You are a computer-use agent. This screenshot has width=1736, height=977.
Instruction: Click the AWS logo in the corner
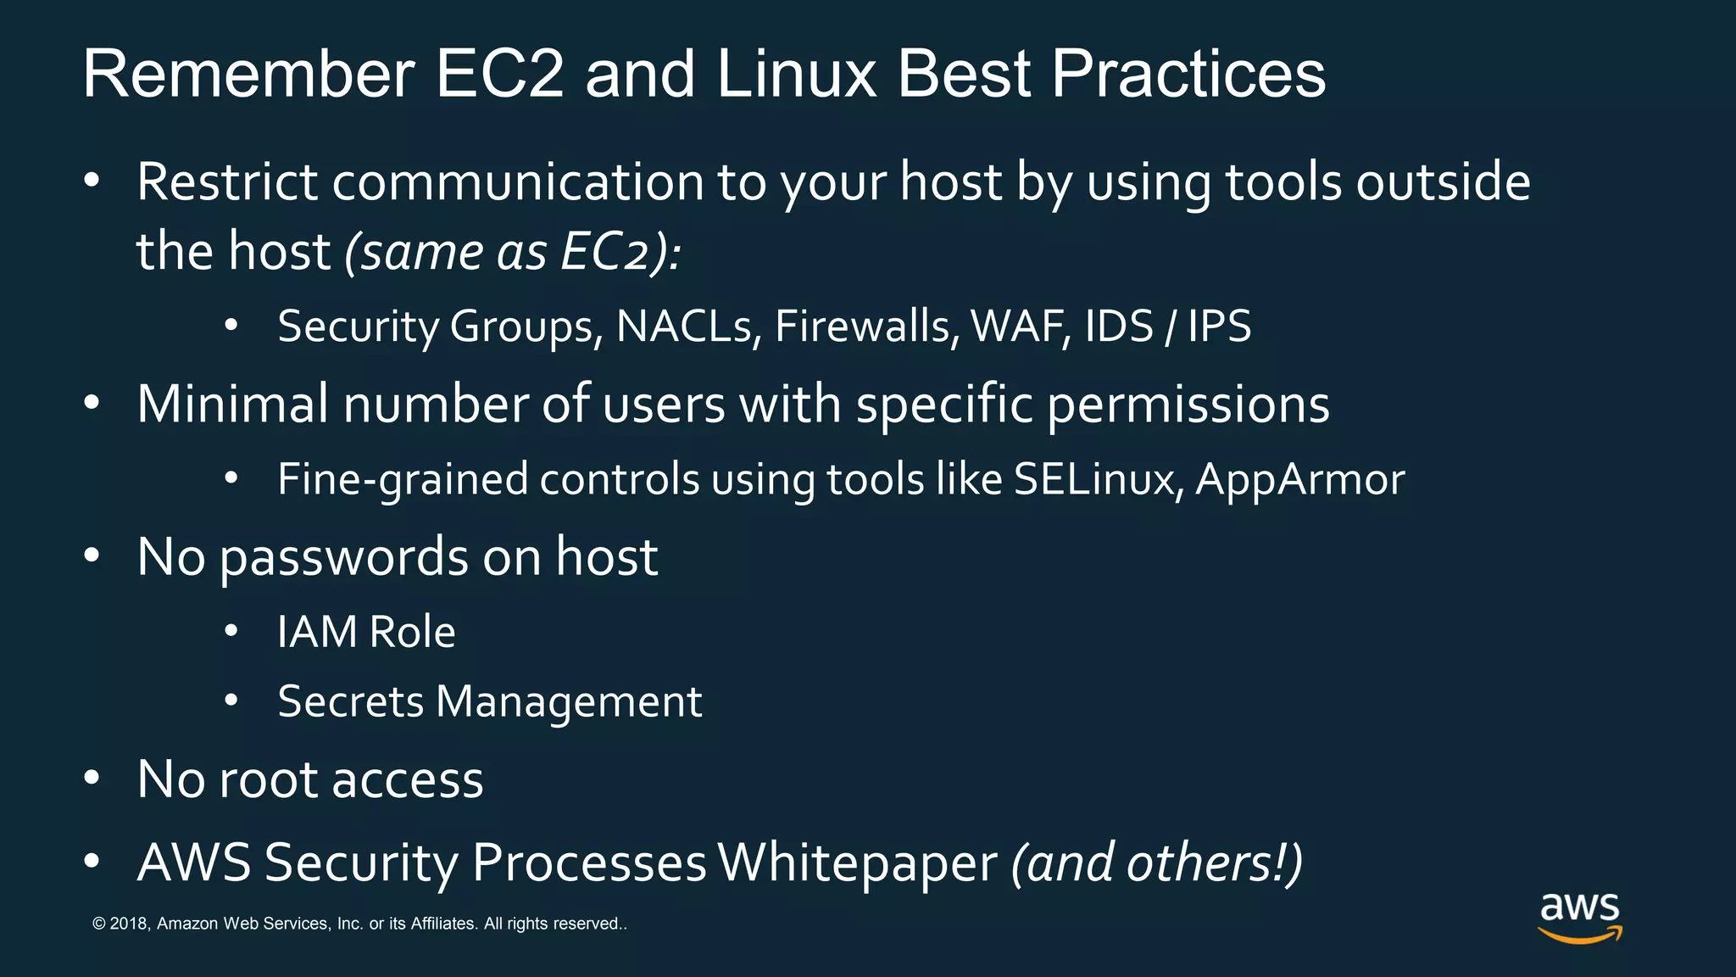(1580, 917)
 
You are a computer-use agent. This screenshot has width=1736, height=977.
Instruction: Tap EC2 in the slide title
(499, 75)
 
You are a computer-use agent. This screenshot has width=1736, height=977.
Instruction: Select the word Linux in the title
(796, 75)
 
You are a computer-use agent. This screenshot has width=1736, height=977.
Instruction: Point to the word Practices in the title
(1188, 75)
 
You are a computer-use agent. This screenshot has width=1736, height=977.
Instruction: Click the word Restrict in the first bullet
(227, 181)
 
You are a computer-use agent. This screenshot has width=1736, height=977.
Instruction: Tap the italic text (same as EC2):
(513, 253)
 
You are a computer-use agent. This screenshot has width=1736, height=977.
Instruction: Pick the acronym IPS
(1219, 327)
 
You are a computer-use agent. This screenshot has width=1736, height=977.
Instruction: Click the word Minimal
(232, 404)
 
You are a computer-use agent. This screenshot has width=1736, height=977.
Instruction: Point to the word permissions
(1188, 405)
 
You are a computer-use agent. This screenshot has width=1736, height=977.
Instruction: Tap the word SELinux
(1098, 480)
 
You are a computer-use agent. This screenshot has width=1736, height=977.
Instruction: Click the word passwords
(344, 558)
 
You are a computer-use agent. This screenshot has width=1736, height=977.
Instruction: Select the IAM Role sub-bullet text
(366, 633)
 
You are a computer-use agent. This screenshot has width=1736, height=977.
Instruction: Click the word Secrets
(350, 702)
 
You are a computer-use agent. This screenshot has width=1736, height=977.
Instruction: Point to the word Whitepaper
(857, 863)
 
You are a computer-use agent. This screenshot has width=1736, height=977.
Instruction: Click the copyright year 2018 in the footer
(129, 924)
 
